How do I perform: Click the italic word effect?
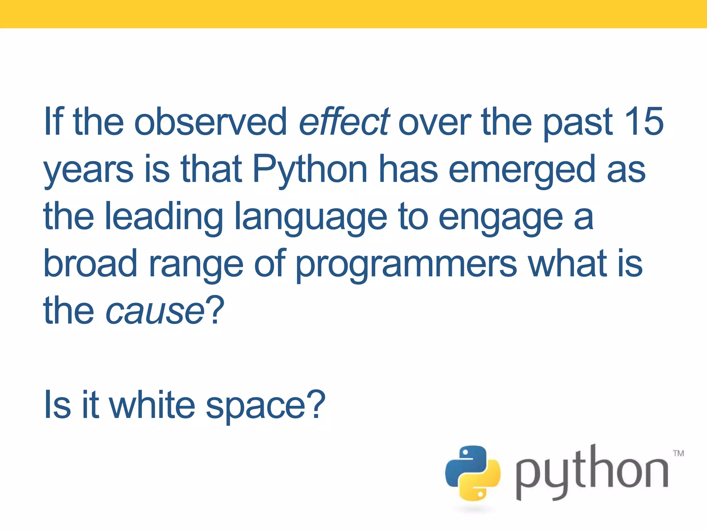tap(344, 121)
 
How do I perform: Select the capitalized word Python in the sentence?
tap(310, 169)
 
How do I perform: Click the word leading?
tap(164, 217)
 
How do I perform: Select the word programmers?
tap(406, 265)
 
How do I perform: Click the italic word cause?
tap(155, 311)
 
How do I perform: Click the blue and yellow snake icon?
tap(473, 473)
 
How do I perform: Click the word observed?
tap(210, 121)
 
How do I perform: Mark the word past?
tap(578, 122)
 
